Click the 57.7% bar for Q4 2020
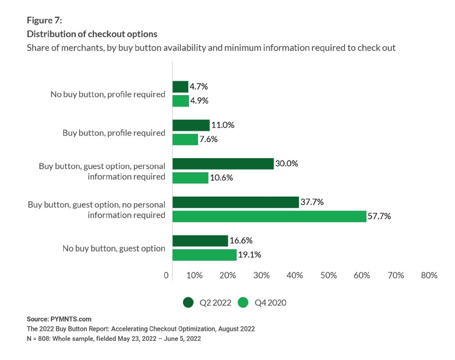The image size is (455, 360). (x=269, y=216)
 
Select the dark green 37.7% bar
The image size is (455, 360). (x=236, y=203)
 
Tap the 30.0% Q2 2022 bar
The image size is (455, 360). (x=223, y=164)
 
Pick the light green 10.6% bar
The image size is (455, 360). (x=190, y=177)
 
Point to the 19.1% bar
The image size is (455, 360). (x=205, y=255)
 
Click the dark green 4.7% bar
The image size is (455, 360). (x=180, y=87)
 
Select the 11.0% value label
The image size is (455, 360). (x=223, y=125)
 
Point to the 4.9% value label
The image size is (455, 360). (x=200, y=101)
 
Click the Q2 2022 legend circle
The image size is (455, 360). (x=188, y=302)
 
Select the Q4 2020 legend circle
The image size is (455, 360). (x=243, y=302)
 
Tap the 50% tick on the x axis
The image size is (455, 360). (x=329, y=275)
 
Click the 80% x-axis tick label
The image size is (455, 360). (x=429, y=275)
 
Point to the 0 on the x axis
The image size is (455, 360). (x=167, y=275)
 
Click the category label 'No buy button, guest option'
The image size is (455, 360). (x=114, y=248)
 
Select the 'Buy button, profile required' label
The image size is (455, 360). (x=114, y=133)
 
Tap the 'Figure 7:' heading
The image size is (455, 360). (x=44, y=20)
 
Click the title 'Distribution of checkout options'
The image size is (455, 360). (x=92, y=34)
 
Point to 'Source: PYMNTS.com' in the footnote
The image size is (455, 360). (x=59, y=319)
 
